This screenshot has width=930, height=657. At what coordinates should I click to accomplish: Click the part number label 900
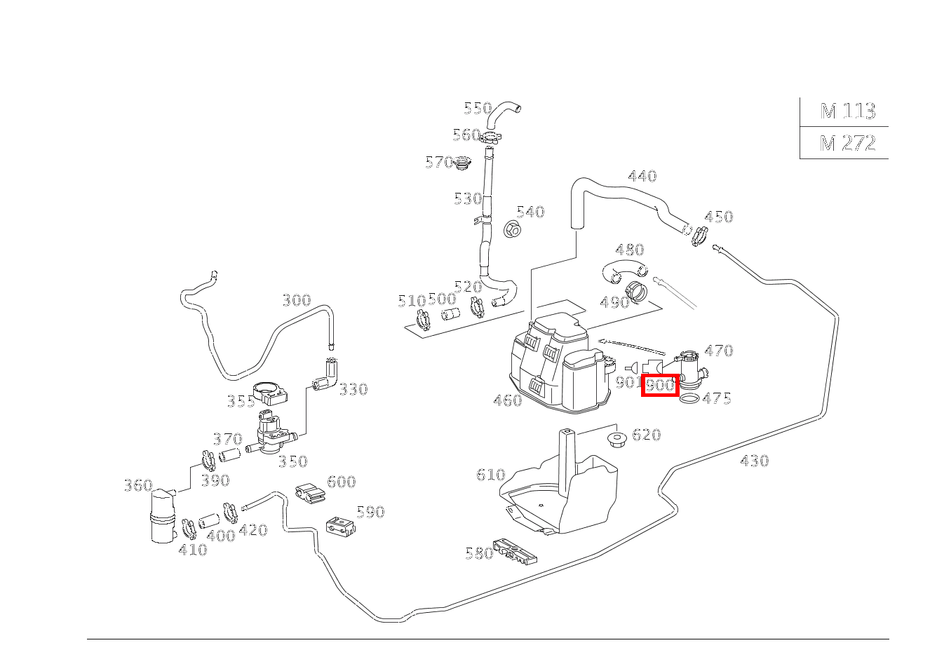click(x=659, y=385)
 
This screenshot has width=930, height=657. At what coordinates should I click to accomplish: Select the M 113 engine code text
click(x=847, y=111)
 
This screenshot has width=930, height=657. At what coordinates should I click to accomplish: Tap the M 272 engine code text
click(x=847, y=143)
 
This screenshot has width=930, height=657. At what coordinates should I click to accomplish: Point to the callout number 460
click(x=507, y=400)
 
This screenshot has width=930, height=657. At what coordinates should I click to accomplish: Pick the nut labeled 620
click(x=616, y=438)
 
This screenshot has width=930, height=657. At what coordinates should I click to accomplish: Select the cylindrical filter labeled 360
click(x=163, y=516)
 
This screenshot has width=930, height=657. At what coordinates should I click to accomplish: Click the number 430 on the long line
click(x=754, y=461)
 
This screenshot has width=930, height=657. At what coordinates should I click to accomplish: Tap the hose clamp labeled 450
click(x=699, y=237)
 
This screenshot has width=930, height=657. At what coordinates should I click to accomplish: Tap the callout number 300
click(x=296, y=301)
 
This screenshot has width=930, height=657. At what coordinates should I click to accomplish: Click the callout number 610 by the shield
click(x=490, y=475)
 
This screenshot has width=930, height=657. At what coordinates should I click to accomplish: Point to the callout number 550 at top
click(x=477, y=108)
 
